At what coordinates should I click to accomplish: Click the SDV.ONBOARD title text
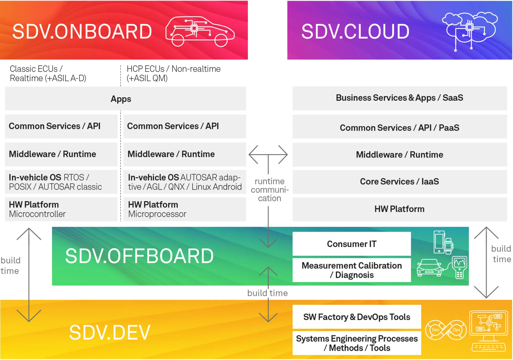[x=82, y=32]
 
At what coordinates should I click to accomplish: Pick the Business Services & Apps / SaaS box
[x=399, y=98]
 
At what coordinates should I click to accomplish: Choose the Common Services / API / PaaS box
[x=399, y=127]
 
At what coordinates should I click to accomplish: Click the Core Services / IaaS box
[x=399, y=182]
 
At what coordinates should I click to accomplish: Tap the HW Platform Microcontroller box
[x=61, y=209]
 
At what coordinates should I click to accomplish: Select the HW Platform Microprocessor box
[x=184, y=209]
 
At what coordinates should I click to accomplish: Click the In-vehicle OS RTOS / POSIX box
[x=61, y=182]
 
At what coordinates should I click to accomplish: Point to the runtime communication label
[x=269, y=190]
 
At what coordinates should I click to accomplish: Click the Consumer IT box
[x=351, y=244]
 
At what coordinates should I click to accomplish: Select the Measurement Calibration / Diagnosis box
[x=351, y=270]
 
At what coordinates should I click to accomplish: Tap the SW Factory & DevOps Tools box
[x=356, y=317]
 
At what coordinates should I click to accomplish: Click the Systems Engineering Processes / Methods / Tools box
[x=356, y=343]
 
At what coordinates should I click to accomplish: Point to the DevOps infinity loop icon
[x=446, y=330]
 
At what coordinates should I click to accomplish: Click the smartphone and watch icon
[x=443, y=242]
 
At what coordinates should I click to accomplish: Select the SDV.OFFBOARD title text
[x=139, y=256]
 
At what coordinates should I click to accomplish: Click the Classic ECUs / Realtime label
[x=48, y=73]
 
